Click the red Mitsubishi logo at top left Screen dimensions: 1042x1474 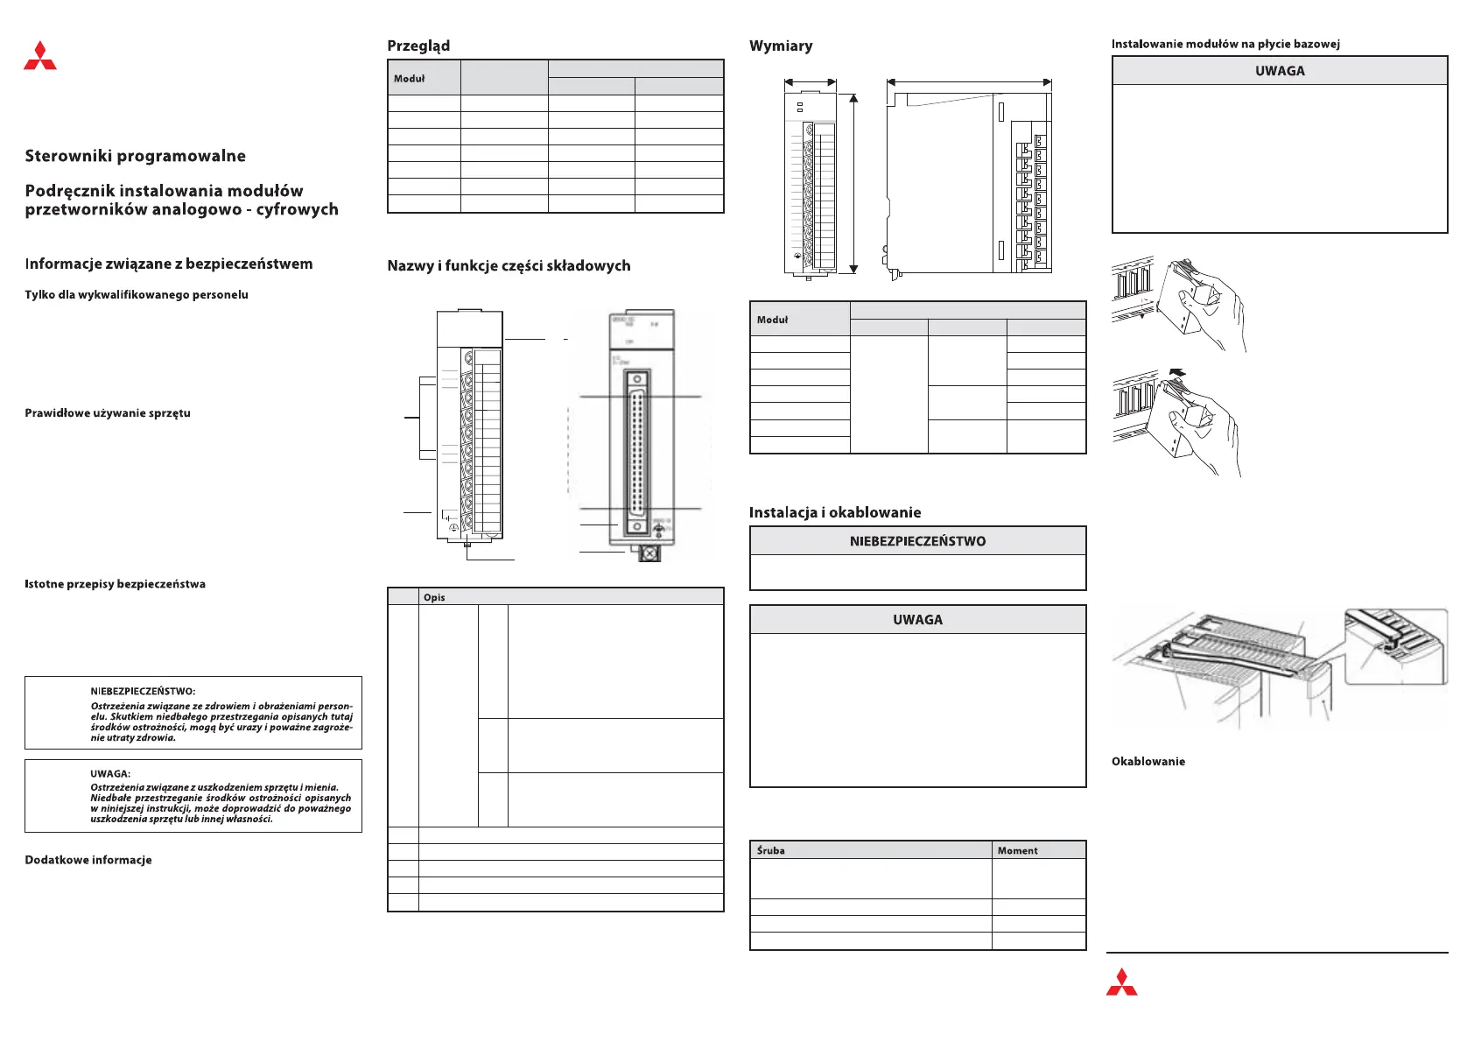point(40,55)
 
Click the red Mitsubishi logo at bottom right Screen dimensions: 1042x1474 point(1121,982)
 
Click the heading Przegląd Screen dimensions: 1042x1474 point(418,46)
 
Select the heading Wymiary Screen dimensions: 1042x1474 point(781,46)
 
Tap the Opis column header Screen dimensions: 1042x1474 point(434,597)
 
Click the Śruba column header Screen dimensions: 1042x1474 point(771,850)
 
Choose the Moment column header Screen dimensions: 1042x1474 point(1017,850)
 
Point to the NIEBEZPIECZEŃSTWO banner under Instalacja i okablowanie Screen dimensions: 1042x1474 point(917,541)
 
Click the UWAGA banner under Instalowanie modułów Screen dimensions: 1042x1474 point(1280,71)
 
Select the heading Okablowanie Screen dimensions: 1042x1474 point(1148,761)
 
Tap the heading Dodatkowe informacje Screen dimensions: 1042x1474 point(88,860)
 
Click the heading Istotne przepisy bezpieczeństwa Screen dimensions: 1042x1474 point(115,584)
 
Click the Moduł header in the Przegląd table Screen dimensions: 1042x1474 point(409,79)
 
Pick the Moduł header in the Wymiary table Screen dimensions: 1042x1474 point(772,320)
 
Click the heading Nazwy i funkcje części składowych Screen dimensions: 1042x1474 point(509,265)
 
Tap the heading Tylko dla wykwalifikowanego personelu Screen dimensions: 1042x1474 point(137,294)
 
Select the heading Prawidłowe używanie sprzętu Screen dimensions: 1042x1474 point(108,412)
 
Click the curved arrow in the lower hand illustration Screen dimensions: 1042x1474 point(1178,372)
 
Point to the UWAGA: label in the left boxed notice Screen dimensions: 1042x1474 point(110,774)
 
